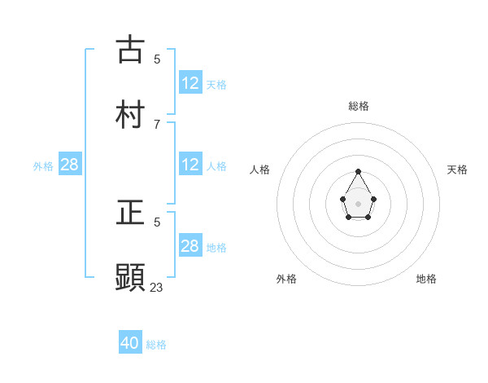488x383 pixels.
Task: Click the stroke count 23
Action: [x=157, y=287]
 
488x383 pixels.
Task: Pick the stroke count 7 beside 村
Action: [x=157, y=124]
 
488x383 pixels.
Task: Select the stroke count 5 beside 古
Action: [x=157, y=59]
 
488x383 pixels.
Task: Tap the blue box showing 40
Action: [x=130, y=343]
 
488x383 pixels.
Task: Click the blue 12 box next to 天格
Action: [x=190, y=83]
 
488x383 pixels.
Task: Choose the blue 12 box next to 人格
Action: [x=190, y=165]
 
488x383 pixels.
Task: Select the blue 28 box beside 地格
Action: [x=190, y=246]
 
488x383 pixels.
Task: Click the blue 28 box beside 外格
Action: [x=70, y=165]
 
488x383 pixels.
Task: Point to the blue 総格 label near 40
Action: [x=156, y=345]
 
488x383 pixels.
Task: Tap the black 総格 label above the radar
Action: [x=359, y=106]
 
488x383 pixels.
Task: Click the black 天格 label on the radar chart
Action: [x=458, y=169]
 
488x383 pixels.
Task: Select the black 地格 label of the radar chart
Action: [x=426, y=279]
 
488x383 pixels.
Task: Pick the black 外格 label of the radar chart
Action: [x=286, y=279]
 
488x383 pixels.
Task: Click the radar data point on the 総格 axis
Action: [x=359, y=171]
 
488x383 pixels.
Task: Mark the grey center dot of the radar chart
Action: [x=359, y=203]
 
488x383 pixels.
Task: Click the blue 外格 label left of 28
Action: [x=43, y=166]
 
